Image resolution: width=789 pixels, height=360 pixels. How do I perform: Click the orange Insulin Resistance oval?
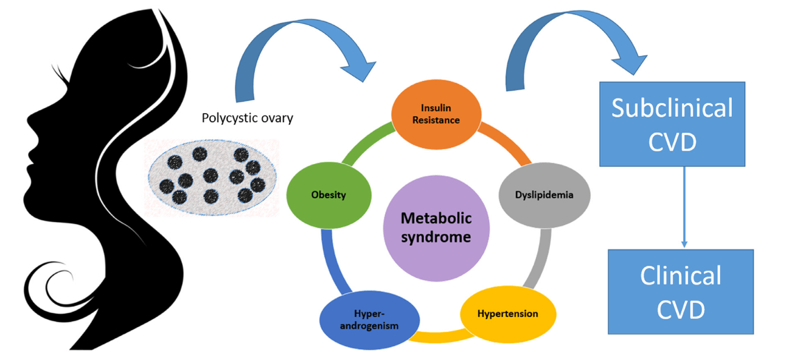coord(436,114)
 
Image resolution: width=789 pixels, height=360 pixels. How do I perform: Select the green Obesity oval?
coord(328,195)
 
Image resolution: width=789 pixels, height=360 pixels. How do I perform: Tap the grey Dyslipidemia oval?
coord(544,195)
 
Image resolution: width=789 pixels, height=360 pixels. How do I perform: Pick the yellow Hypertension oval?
coord(508,314)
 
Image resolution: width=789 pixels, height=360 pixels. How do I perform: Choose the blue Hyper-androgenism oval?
coord(369,320)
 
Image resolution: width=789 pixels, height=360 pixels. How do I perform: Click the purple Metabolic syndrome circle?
coord(436,228)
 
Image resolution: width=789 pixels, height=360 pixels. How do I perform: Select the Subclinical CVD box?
coord(672,124)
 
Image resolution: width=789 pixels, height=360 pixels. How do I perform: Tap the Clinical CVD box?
coord(681,292)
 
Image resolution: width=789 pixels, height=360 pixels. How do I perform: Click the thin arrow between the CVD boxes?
coord(684,207)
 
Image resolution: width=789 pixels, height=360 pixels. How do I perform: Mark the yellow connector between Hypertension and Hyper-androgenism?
coord(440,337)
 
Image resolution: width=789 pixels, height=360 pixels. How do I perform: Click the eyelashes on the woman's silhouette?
coord(60,74)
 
